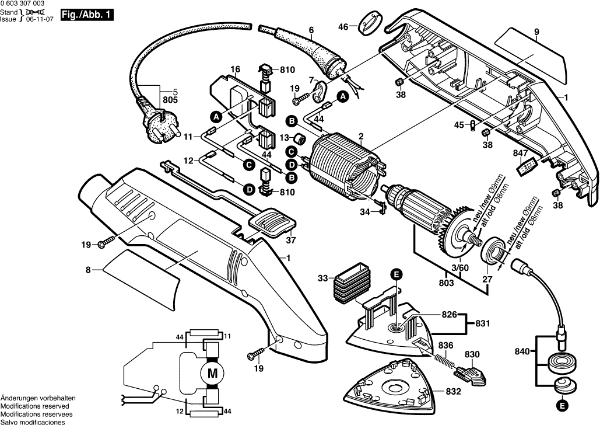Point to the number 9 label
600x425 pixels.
click(536, 32)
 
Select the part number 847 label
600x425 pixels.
click(503, 154)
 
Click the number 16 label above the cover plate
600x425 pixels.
click(235, 69)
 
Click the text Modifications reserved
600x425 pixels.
click(34, 406)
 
